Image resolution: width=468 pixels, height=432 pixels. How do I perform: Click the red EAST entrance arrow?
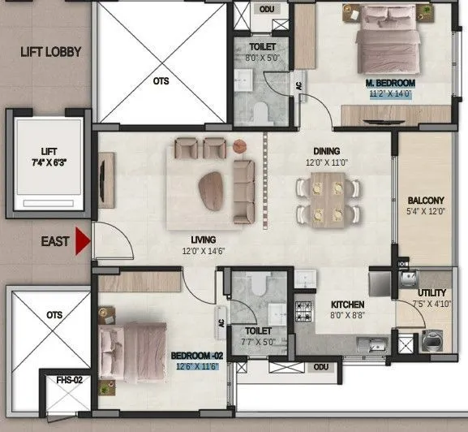pos(81,241)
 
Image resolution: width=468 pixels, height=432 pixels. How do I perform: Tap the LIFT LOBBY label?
pos(51,53)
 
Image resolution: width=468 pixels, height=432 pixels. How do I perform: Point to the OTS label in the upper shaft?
pos(161,81)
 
